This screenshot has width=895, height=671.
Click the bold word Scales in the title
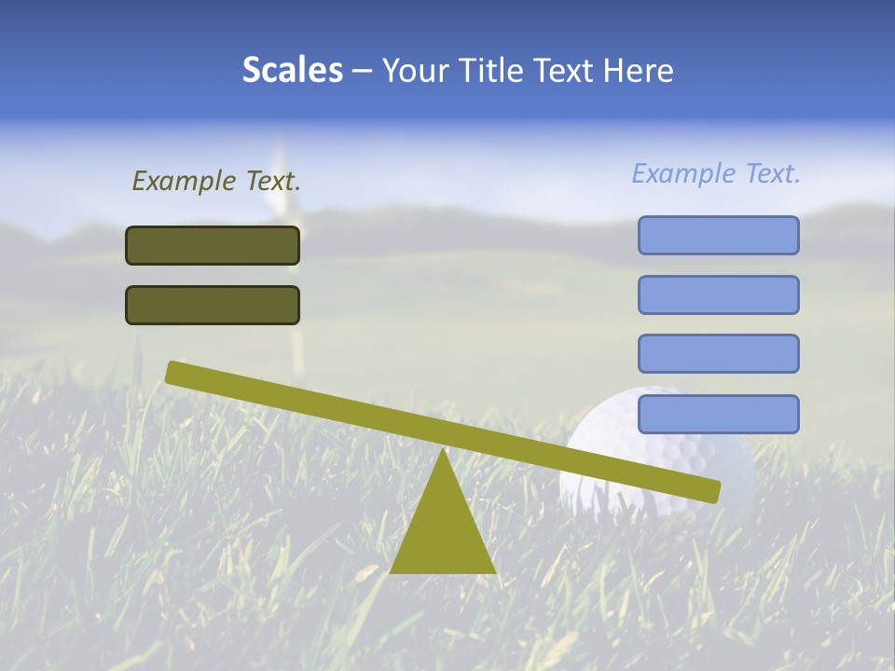click(292, 70)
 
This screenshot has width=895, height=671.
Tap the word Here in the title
click(638, 70)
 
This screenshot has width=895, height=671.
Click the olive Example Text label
click(216, 181)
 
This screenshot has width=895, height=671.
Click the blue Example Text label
click(716, 173)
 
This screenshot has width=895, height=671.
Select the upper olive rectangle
click(213, 245)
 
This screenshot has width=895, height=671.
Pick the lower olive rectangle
click(213, 305)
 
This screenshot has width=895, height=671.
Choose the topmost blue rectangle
click(718, 235)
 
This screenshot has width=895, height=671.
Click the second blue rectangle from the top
click(718, 294)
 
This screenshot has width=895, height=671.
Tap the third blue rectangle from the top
click(718, 354)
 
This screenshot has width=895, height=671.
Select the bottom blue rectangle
click(718, 414)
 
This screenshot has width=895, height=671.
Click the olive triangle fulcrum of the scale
click(442, 531)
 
